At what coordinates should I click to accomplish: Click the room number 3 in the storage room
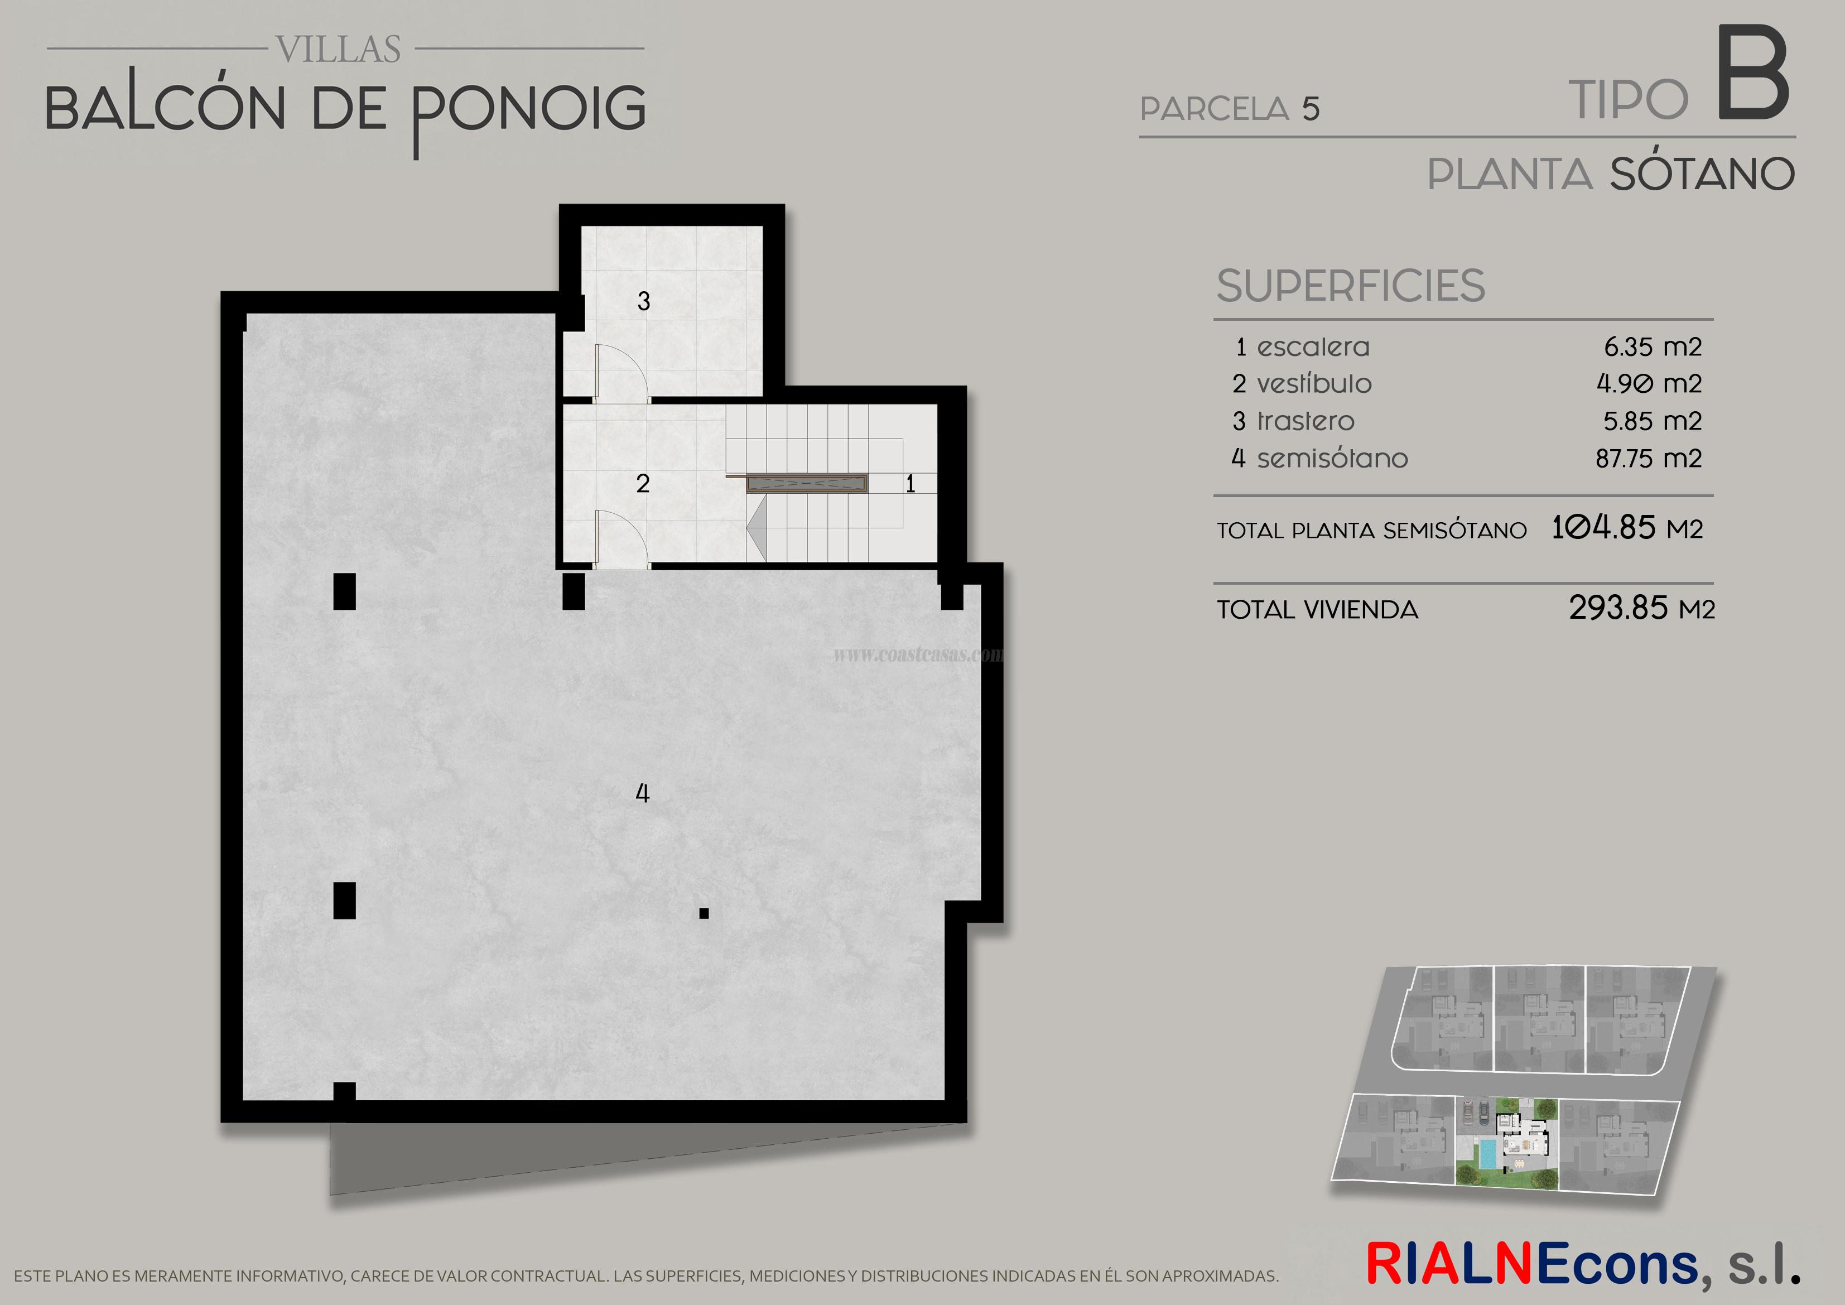pos(643,301)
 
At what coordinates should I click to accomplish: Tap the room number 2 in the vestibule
pos(642,484)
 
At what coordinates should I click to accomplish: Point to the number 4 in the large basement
pos(642,794)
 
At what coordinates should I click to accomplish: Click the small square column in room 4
pos(704,913)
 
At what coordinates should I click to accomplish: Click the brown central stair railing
pos(806,483)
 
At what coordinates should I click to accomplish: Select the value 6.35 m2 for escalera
pos(1652,347)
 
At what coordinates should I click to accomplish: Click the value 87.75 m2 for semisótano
pos(1648,459)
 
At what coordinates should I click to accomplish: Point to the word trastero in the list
pos(1306,421)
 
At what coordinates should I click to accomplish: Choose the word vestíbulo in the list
pos(1314,384)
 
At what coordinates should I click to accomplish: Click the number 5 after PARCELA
pos(1311,109)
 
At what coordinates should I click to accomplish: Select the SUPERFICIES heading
pos(1351,286)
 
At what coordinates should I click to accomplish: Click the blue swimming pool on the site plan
pos(1487,1155)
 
